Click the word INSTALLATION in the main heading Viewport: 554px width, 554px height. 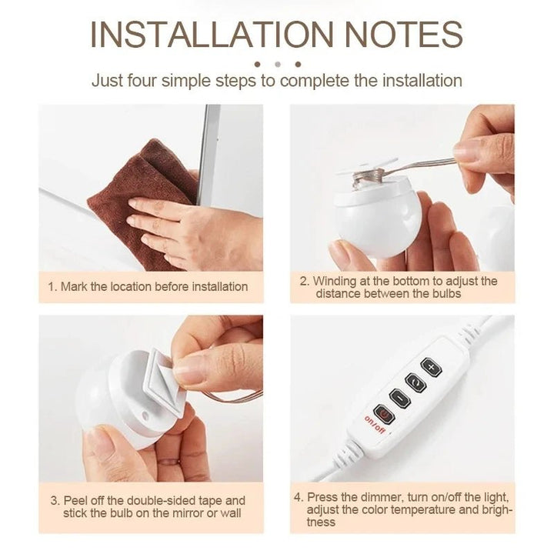coord(212,35)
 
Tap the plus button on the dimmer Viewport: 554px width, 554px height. coord(431,368)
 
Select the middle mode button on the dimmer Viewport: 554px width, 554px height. coord(415,383)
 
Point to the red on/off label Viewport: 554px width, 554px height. coord(375,424)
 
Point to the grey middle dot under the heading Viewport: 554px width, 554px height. coord(278,65)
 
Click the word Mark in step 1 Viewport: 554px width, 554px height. coord(74,286)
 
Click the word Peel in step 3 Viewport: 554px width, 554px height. coord(76,501)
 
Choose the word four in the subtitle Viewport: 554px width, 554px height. coord(142,81)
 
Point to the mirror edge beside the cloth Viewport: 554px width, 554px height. coord(208,155)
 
